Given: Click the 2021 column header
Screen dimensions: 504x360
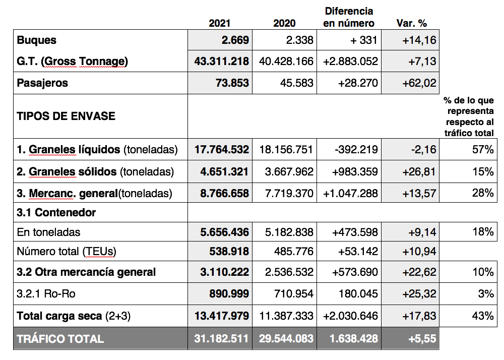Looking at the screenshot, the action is (x=220, y=23).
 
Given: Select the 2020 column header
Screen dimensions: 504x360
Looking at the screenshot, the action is (x=284, y=23).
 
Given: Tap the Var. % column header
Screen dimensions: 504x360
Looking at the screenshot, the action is (x=411, y=23).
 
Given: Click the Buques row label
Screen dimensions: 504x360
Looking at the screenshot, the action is (x=37, y=40).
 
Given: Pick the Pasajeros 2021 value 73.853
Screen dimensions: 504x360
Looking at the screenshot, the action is (x=232, y=83).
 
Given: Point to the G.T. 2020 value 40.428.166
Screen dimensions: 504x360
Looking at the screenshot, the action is (x=286, y=61).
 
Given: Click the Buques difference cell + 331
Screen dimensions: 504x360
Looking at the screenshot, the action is (x=363, y=40).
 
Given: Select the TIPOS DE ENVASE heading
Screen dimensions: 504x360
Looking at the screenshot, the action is (x=66, y=116).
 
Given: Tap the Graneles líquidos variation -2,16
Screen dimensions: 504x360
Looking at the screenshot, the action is (x=424, y=149).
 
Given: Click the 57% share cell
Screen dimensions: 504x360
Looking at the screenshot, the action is (x=483, y=149).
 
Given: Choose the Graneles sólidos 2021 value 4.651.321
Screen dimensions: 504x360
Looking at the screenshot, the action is (x=224, y=171).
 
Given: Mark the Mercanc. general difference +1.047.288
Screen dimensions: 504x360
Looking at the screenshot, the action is (x=350, y=193).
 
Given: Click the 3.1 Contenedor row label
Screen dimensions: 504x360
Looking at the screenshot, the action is (x=56, y=212).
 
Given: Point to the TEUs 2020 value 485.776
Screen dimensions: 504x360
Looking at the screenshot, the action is (x=294, y=251).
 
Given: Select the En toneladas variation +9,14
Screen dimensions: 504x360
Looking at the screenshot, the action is (x=422, y=232).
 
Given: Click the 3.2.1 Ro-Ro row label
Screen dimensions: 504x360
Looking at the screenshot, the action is (x=46, y=293).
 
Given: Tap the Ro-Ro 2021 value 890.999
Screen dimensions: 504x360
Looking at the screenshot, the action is (x=229, y=293).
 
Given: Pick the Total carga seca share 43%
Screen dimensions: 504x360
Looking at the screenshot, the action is (x=483, y=316).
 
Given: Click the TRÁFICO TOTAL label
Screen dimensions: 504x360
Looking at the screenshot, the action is (x=60, y=339).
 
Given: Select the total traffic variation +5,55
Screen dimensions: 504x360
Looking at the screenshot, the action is (x=422, y=338).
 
